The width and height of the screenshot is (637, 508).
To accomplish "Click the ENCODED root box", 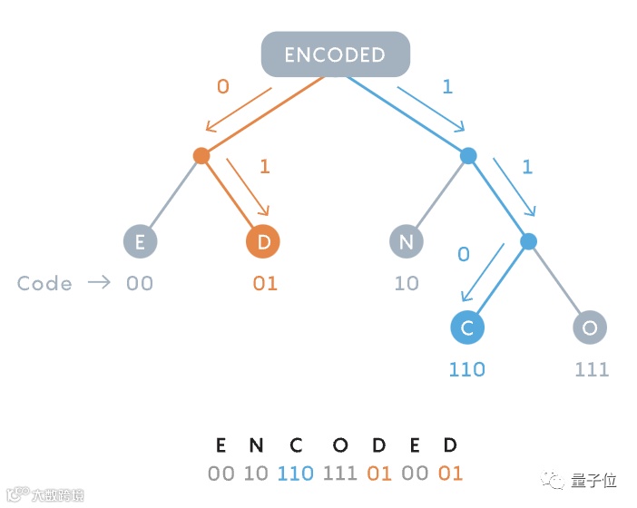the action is pos(335,54).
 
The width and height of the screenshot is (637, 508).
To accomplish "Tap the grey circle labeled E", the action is pos(140,241).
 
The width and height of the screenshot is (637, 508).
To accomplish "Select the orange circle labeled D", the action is pos(263,241).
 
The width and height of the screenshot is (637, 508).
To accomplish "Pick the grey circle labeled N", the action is pos(407,241).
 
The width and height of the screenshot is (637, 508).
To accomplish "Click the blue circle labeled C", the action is pos(467,327).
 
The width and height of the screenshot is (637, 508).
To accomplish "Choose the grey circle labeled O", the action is pos(590,327).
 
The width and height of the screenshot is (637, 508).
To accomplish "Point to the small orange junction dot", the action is pos(201,156).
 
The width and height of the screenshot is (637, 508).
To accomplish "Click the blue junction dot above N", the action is pos(468,156).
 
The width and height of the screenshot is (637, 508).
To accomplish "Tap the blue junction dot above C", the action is pos(529,241).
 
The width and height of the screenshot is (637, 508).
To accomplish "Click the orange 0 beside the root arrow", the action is pos(222,87).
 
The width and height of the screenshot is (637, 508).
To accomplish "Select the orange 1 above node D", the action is pos(265,167).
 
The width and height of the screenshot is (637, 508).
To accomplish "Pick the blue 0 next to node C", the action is pos(464,254).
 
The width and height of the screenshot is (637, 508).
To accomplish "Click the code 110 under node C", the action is pos(467,369).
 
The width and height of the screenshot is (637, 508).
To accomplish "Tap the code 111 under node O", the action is pos(592,369).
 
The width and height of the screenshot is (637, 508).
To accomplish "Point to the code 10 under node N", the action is pos(407,284).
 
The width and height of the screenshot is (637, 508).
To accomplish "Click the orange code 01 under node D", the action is pos(264,284).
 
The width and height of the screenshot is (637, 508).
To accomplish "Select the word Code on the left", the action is pos(44,283).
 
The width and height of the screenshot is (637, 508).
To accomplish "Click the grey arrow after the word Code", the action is pos(98,283).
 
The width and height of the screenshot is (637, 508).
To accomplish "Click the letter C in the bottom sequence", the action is pos(296,445).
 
